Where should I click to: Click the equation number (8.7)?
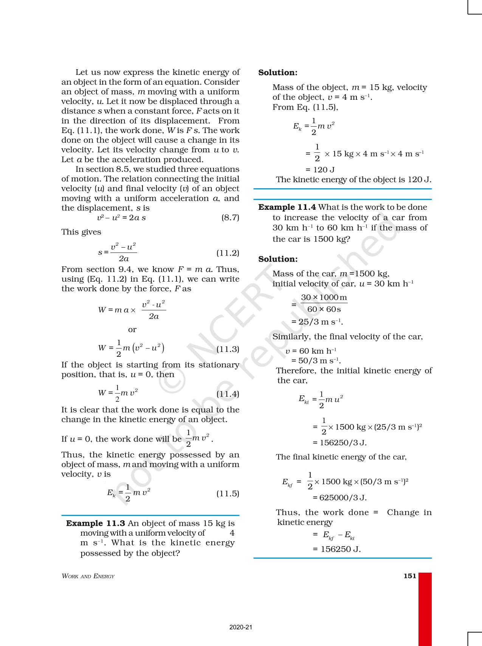click(x=230, y=217)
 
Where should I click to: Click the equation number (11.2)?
click(x=228, y=253)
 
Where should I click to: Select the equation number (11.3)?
click(x=228, y=349)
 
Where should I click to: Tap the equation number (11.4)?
click(x=228, y=394)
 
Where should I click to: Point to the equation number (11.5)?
click(x=228, y=493)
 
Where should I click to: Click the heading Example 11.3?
click(x=95, y=523)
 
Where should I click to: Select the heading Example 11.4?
click(x=287, y=207)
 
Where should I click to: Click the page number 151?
click(x=410, y=576)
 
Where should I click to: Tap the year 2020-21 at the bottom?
click(x=240, y=627)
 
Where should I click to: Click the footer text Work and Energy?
click(x=88, y=576)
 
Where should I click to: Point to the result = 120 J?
click(x=320, y=170)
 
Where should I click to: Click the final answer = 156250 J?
click(x=336, y=549)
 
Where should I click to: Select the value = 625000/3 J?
click(x=339, y=497)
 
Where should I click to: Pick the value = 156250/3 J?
click(x=339, y=443)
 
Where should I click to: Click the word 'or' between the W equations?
click(x=132, y=330)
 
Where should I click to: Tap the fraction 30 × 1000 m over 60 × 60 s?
click(x=324, y=303)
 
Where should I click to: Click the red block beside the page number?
click(x=425, y=609)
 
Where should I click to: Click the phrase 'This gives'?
click(x=81, y=232)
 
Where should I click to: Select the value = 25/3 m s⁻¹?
click(x=317, y=322)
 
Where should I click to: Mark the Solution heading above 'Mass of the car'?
click(x=278, y=259)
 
